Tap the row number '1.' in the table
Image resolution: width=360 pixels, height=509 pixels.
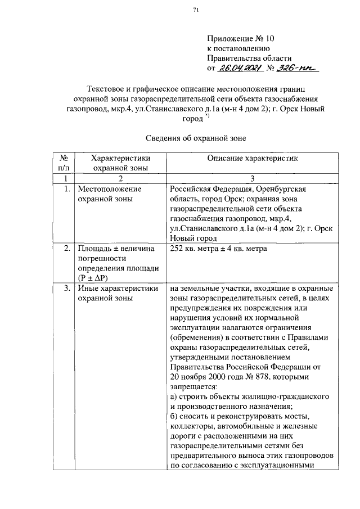[x=66, y=189]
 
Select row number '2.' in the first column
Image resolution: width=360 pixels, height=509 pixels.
[x=66, y=248]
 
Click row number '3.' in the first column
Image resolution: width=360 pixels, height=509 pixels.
[x=66, y=289]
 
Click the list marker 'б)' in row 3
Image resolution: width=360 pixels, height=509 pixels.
[x=174, y=417]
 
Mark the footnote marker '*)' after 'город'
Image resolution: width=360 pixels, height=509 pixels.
[x=208, y=115]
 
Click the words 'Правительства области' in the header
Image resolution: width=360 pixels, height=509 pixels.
[x=249, y=58]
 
